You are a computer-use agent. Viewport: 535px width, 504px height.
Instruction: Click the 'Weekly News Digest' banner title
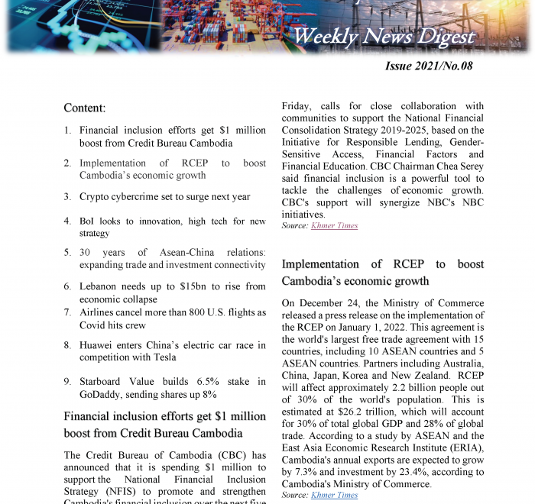(384, 36)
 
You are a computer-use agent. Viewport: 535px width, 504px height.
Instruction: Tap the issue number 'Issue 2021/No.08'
(429, 66)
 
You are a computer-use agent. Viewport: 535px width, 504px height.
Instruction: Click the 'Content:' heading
(84, 108)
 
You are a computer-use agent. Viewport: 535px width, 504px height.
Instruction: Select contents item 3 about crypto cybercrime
(164, 197)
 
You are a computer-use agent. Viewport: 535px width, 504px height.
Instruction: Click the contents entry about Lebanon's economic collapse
(172, 292)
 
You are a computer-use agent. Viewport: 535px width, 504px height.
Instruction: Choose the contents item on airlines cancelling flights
(172, 319)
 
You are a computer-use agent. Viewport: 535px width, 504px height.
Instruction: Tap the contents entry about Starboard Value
(172, 388)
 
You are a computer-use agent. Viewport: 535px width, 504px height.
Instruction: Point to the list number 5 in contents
(67, 252)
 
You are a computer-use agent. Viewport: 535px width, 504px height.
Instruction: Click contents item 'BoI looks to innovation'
(172, 228)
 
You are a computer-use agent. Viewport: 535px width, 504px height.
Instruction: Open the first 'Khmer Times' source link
(334, 226)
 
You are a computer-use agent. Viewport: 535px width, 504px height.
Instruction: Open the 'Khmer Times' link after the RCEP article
(334, 496)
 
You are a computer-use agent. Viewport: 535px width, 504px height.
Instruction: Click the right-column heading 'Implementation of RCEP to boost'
(382, 264)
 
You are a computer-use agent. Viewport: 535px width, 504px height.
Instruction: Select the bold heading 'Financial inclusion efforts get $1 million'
(164, 417)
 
